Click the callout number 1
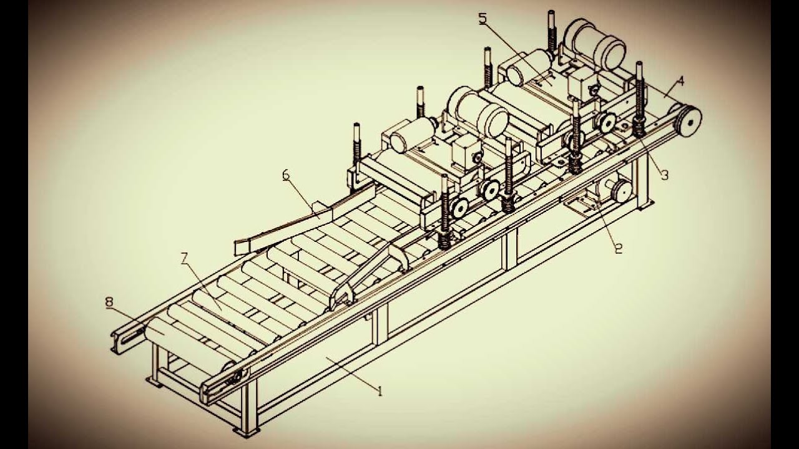(x=379, y=391)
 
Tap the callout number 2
(x=619, y=248)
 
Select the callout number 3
(x=664, y=175)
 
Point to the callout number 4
(x=680, y=80)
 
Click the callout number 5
(x=483, y=19)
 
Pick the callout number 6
(x=286, y=175)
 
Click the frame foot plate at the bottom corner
(x=241, y=431)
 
